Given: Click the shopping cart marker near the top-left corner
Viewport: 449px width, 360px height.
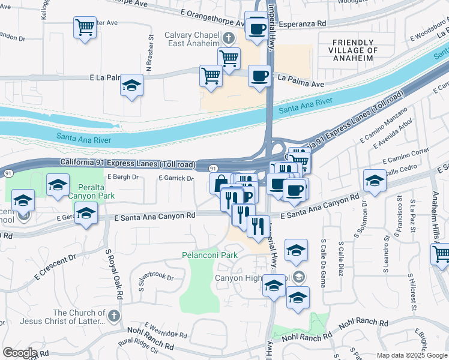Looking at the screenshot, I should [85, 27].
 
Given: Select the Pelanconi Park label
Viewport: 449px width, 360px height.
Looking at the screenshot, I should [209, 255].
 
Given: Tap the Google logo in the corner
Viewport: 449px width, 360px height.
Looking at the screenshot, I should [20, 352].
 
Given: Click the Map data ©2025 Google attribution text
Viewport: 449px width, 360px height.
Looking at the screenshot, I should [412, 355].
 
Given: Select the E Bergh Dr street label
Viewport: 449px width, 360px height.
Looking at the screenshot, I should [122, 177].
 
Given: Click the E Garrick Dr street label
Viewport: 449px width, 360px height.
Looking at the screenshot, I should [176, 178].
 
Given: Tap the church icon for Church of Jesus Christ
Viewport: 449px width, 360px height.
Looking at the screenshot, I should [114, 315].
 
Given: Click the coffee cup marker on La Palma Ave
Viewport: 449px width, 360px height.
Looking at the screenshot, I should [259, 76].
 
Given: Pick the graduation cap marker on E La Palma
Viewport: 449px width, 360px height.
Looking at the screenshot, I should [131, 86].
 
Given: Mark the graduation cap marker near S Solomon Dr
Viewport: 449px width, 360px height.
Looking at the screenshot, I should [375, 179].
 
